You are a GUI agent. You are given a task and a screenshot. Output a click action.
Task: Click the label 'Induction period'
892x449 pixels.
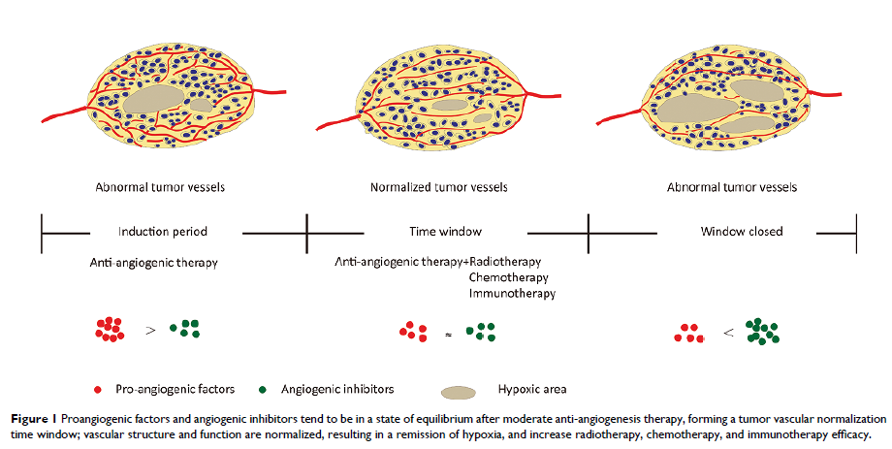coord(163,232)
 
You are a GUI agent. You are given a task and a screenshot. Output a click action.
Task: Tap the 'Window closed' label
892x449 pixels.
coord(742,232)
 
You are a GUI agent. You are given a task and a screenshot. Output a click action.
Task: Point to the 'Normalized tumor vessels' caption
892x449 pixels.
coord(438,186)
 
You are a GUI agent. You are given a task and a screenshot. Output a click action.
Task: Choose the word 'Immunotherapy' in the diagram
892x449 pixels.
coord(512,292)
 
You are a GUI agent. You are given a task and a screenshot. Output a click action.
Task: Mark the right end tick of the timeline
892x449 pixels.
coord(855,233)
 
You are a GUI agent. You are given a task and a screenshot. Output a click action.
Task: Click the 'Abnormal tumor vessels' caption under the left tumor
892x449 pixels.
coord(160,186)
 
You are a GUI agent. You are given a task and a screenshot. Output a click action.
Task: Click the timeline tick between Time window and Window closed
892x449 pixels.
coord(590,233)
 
